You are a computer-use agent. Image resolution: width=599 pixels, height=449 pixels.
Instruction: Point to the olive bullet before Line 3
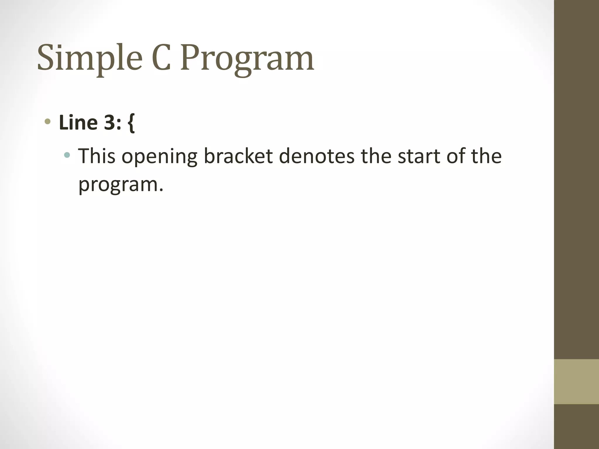tap(48, 122)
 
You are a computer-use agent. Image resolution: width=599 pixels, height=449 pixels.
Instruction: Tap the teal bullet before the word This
tap(67, 155)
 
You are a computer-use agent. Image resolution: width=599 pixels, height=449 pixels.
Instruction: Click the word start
tap(419, 156)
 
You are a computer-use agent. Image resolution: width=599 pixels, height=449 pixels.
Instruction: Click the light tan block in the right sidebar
tap(576, 381)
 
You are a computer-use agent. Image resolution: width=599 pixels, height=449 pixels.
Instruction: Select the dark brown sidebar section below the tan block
tap(576, 427)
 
